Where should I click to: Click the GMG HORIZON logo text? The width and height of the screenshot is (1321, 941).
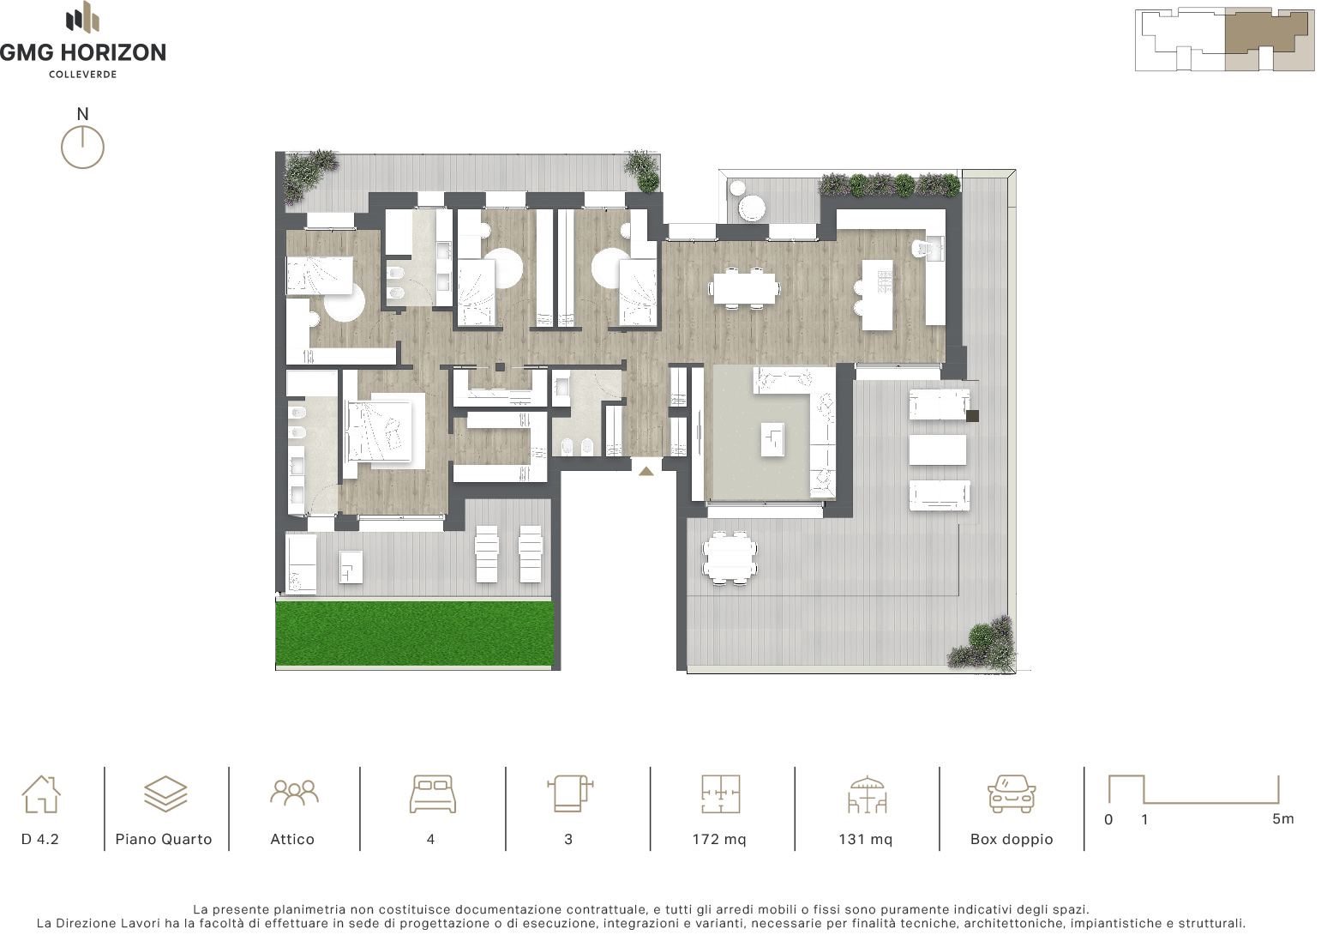[82, 52]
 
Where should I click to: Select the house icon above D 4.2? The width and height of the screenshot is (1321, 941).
[40, 794]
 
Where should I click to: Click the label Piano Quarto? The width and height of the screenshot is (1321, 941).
[164, 840]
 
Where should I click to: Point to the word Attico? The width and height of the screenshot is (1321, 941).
[292, 840]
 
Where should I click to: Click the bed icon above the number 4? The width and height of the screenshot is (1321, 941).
[433, 794]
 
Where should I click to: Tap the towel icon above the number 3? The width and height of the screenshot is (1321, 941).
[570, 794]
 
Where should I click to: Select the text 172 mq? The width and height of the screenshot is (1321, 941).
[719, 840]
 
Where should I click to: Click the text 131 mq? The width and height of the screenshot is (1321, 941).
[866, 840]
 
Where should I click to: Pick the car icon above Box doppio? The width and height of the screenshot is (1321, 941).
[1012, 794]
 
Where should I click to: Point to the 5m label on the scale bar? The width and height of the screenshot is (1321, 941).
[1283, 819]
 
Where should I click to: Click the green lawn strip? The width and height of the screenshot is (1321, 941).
[415, 633]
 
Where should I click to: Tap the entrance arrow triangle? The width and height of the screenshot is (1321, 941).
[646, 471]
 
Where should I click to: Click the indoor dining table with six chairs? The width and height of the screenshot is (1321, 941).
[744, 287]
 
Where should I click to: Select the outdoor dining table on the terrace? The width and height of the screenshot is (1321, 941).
[730, 558]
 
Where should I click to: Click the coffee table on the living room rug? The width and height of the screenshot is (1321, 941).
[772, 439]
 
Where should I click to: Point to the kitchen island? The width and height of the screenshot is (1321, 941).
[877, 295]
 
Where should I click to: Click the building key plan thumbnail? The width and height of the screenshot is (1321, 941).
[1225, 39]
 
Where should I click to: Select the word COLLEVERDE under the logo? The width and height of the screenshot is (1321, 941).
[82, 75]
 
